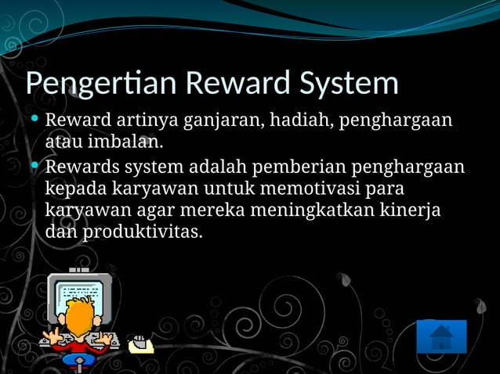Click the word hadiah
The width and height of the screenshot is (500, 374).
pos(301,121)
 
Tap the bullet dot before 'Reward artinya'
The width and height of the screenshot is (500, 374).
pos(35,119)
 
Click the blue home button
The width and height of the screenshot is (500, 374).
pos(441,336)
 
